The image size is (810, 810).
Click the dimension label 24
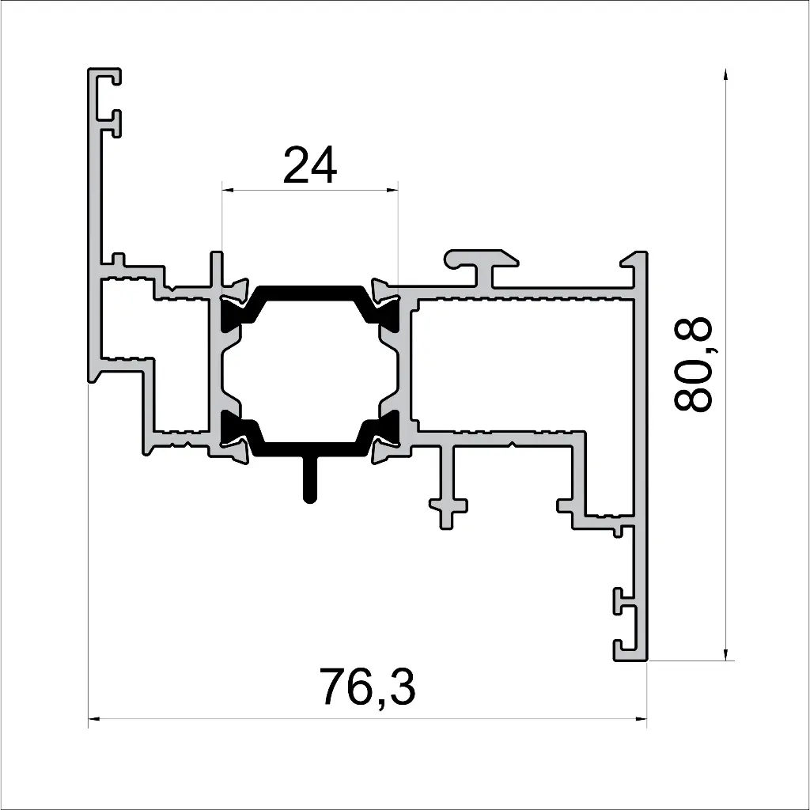point(310,165)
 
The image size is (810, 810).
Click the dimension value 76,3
point(367,687)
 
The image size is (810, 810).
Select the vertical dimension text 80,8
point(694,365)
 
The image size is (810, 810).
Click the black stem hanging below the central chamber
point(310,480)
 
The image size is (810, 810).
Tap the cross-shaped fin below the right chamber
point(448,503)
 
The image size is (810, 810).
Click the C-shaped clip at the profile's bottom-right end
point(630,625)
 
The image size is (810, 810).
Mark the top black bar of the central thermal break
point(310,291)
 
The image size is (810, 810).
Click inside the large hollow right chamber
point(522,364)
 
